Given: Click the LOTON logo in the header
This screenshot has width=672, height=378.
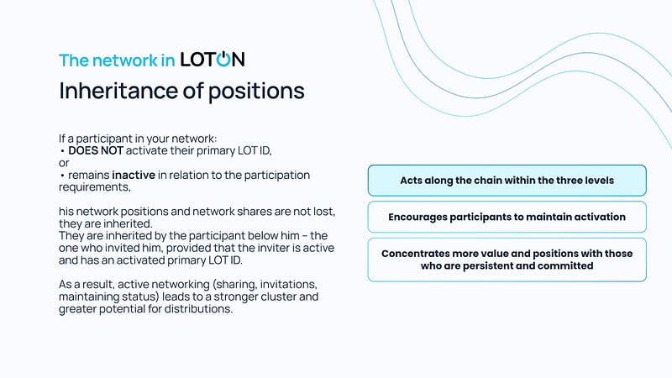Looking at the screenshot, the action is [x=213, y=59].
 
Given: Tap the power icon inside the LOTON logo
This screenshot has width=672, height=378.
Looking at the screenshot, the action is [x=223, y=59].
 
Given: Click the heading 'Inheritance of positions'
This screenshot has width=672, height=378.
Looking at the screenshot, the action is [x=181, y=92].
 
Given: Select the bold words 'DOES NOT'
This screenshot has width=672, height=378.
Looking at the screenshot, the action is [x=96, y=151].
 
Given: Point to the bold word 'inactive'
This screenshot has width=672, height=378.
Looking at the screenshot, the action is [x=134, y=176].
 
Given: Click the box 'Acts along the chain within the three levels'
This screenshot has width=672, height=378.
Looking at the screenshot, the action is [x=507, y=181].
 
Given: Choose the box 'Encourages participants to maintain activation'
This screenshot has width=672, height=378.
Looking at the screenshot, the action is [x=507, y=217].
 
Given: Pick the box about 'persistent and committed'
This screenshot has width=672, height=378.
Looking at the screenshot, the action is [x=507, y=260].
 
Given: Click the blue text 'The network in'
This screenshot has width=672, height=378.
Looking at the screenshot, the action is [x=117, y=60].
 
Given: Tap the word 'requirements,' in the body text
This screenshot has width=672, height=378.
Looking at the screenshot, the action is [x=95, y=187].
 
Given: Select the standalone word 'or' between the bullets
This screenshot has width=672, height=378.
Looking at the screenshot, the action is [x=64, y=163].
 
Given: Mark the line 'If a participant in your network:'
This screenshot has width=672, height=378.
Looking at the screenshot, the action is [x=138, y=139].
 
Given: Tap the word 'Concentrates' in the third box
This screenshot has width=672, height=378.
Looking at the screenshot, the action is [x=415, y=254].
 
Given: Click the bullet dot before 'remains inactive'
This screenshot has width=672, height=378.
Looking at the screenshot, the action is [x=62, y=176].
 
